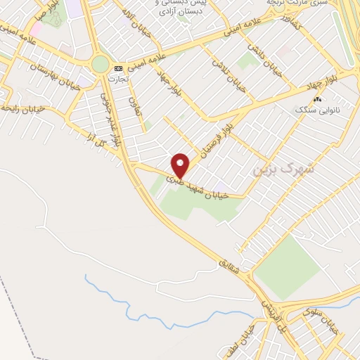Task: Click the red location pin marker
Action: pos(181,165)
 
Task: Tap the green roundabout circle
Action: pos(101,65)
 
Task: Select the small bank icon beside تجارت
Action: pos(118,68)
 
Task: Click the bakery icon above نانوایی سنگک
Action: pos(317,100)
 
